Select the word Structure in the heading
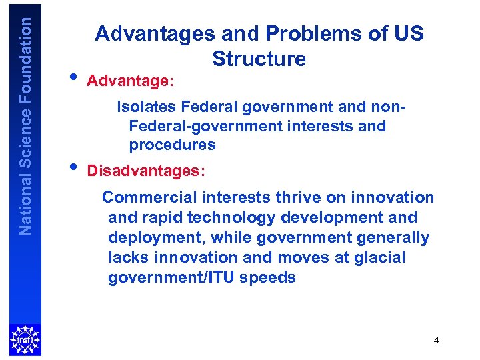(259, 59)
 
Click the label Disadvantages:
(147, 171)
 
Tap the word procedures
(173, 145)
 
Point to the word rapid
(162, 217)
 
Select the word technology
(232, 217)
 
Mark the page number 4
(436, 341)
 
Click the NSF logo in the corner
(25, 339)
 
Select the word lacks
(127, 257)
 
